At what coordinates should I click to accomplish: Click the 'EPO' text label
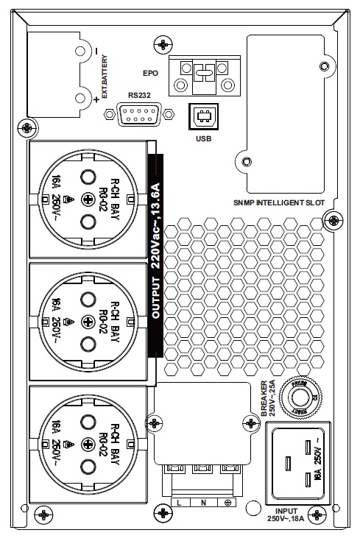tap(150, 74)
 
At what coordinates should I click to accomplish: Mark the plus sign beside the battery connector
tap(96, 110)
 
